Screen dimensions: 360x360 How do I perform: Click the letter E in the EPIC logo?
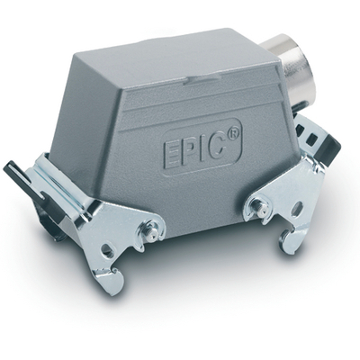pyautogui.click(x=170, y=154)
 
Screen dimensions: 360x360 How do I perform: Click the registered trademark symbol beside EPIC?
pyautogui.click(x=233, y=133)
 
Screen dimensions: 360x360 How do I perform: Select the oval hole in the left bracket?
pyautogui.click(x=107, y=248)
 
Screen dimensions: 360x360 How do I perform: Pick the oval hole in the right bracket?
pyautogui.click(x=297, y=208)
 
